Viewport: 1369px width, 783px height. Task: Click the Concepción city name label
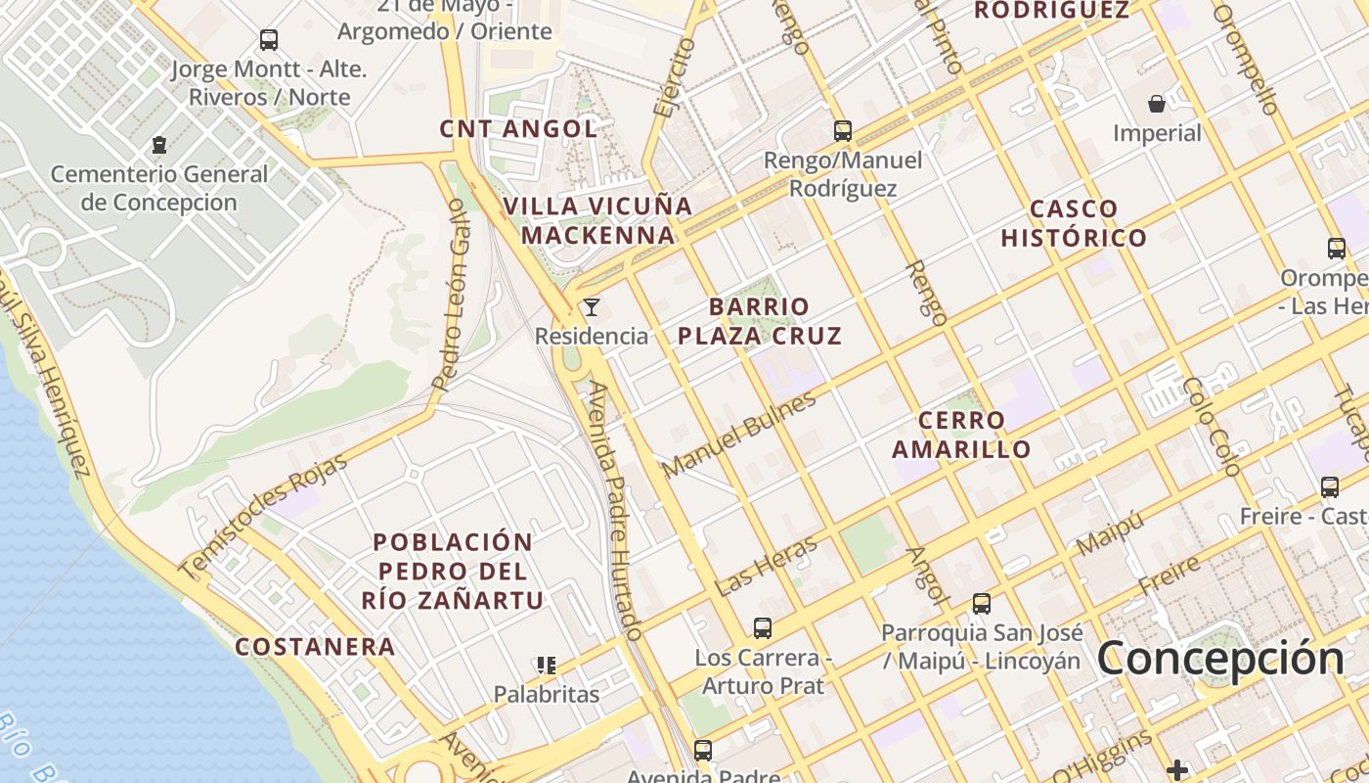(x=1220, y=658)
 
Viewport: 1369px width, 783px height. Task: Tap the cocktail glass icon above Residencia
(x=592, y=307)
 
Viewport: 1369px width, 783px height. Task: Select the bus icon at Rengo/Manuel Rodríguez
(x=842, y=130)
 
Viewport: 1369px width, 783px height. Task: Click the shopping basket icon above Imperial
(x=1157, y=104)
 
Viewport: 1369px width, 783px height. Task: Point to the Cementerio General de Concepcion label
(x=159, y=188)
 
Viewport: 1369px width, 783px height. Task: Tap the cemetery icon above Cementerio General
(x=159, y=145)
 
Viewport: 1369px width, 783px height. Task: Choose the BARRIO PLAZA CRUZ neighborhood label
(x=759, y=321)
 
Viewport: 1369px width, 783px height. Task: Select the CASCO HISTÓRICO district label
(x=1074, y=223)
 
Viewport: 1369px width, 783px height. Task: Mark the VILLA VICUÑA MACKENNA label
(x=597, y=220)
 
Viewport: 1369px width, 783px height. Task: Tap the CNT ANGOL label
(x=518, y=128)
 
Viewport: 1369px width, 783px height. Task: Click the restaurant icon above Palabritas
(x=546, y=666)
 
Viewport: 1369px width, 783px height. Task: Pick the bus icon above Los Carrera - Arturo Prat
(x=763, y=627)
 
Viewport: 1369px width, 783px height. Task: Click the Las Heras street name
(x=766, y=567)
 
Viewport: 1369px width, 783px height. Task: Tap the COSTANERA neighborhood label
(x=315, y=646)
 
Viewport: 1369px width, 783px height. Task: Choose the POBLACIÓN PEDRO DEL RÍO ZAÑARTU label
(x=453, y=571)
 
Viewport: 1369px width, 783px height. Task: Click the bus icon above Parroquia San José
(x=981, y=604)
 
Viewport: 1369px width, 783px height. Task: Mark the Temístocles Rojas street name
(x=263, y=516)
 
